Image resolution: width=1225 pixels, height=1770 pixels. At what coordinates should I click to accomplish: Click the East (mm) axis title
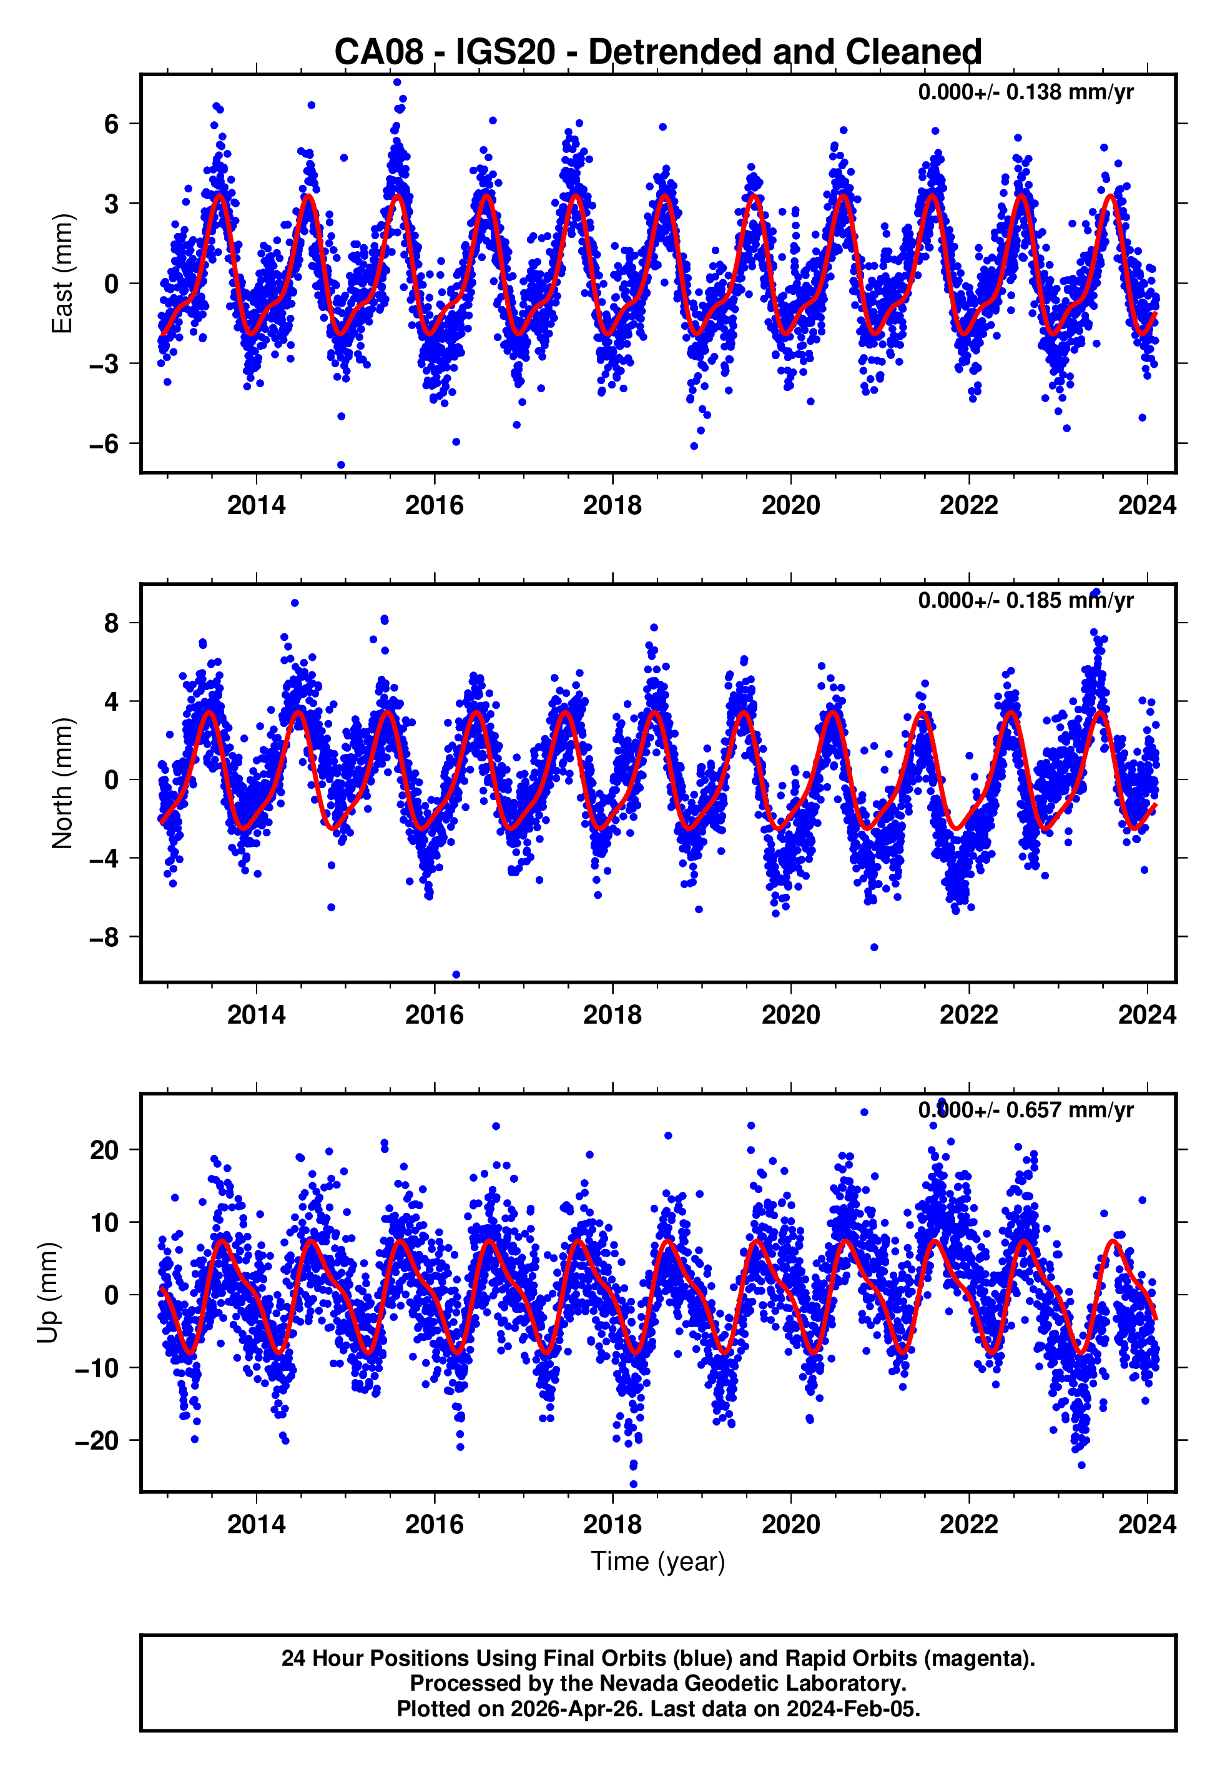[63, 274]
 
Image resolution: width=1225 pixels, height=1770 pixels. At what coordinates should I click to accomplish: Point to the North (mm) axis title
[63, 783]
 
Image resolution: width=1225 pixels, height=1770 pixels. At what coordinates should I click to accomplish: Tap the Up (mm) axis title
[48, 1293]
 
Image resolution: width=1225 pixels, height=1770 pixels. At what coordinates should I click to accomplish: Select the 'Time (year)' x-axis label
[658, 1562]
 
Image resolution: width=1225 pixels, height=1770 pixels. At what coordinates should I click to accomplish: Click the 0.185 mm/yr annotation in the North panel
[1025, 601]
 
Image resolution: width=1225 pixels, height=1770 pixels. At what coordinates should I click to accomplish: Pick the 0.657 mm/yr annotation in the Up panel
[1025, 1110]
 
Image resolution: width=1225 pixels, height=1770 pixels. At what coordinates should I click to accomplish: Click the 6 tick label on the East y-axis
[112, 124]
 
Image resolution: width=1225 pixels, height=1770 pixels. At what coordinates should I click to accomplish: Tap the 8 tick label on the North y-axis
[112, 623]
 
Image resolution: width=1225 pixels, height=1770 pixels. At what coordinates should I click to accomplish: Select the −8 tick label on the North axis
[104, 937]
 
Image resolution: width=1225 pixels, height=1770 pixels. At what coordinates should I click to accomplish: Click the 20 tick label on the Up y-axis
[104, 1150]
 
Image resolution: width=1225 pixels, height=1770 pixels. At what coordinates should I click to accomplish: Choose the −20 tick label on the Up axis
[97, 1441]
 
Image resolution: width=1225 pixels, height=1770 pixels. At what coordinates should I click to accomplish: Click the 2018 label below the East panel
[612, 506]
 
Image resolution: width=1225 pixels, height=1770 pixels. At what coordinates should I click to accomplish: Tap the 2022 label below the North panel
[968, 1016]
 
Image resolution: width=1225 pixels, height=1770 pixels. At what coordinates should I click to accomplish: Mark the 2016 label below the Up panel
[435, 1525]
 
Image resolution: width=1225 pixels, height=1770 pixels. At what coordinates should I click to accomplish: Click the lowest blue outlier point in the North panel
[456, 975]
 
